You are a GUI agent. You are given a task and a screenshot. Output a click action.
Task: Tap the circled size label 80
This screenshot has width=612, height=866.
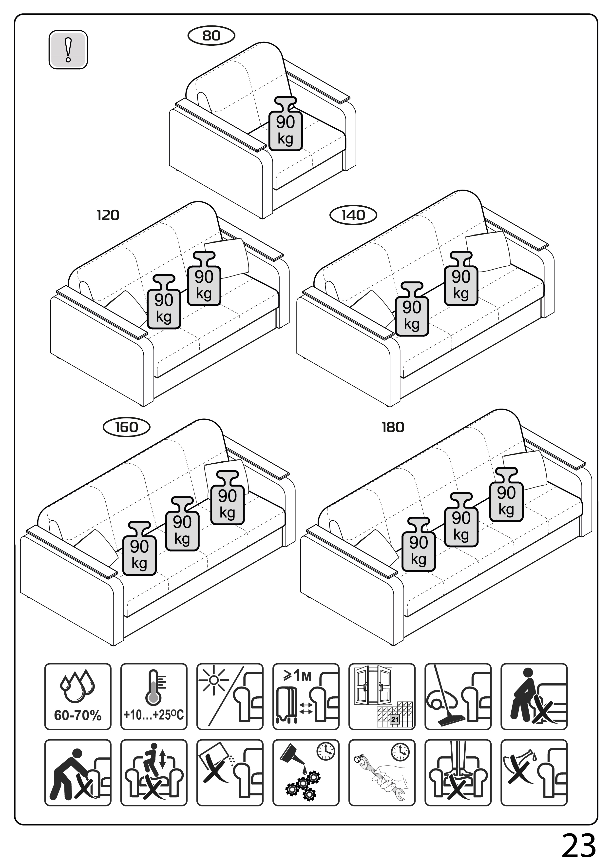tap(211, 36)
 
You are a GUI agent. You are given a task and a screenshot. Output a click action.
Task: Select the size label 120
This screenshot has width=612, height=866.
tap(108, 215)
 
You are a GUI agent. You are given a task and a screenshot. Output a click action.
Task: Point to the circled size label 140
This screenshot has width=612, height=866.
tap(353, 215)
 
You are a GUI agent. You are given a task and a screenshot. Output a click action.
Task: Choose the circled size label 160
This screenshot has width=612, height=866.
tap(126, 427)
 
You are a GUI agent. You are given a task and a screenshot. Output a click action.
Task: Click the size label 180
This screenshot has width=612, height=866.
tap(393, 427)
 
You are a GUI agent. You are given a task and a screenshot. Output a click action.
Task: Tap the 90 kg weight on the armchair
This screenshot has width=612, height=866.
tap(286, 124)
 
